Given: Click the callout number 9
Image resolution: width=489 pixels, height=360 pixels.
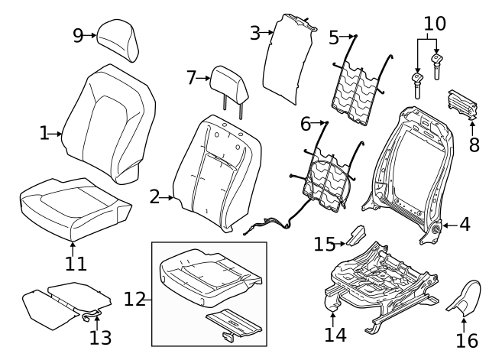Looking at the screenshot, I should click(78, 35).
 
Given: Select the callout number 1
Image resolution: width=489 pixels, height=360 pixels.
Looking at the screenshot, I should click(44, 134).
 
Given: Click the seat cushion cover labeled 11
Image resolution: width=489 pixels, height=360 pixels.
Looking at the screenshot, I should click(73, 206).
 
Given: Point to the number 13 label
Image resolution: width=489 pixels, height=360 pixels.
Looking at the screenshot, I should click(100, 337).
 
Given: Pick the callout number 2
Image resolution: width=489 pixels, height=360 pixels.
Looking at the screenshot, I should click(155, 198).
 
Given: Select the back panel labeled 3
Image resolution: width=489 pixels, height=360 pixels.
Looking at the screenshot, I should click(289, 57).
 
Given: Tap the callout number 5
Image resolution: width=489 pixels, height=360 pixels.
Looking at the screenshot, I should click(334, 37).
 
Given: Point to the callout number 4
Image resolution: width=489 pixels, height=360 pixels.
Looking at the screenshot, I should click(465, 225).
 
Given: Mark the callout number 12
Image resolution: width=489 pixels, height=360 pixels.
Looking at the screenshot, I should click(134, 300).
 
